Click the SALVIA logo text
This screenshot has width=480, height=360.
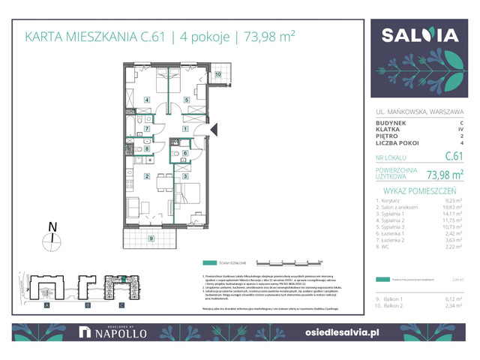[420, 35]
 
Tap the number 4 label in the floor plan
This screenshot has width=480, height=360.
[148, 99]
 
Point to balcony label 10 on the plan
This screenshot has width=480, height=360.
[218, 74]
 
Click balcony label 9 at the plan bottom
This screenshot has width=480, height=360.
[151, 238]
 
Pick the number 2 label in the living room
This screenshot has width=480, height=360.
[148, 177]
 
